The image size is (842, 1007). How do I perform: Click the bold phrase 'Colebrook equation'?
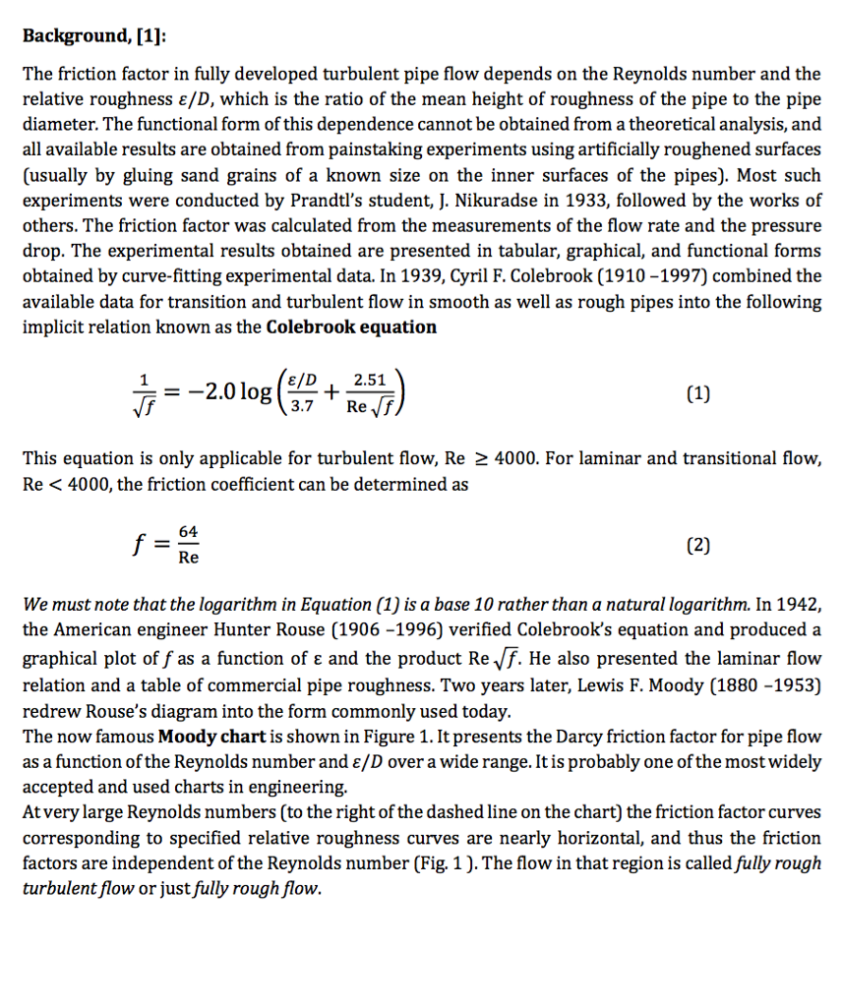pos(351,326)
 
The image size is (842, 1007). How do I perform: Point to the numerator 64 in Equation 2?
pos(188,532)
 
